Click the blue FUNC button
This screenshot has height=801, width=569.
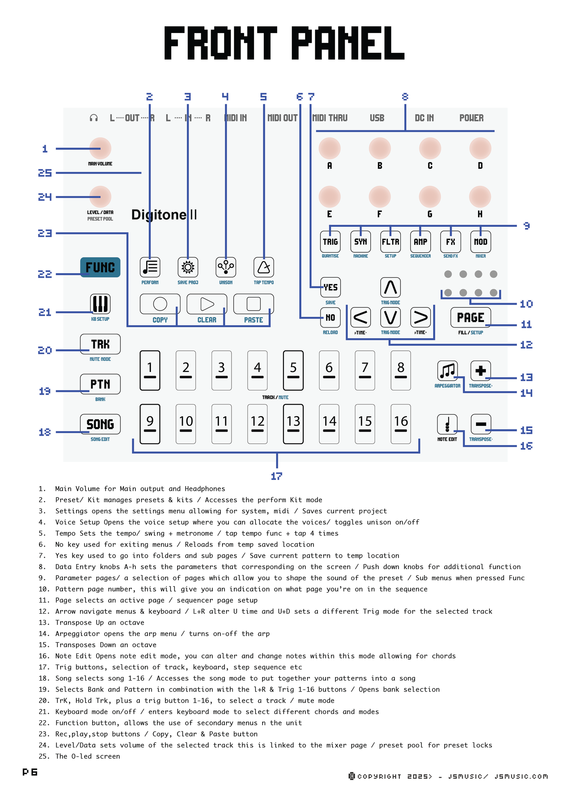tap(100, 267)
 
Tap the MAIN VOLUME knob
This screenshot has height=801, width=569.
tap(100, 148)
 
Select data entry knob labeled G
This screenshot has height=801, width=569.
tap(430, 197)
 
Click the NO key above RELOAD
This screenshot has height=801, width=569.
tap(330, 317)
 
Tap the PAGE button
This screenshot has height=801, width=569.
tap(471, 317)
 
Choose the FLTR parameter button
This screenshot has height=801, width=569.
tap(390, 242)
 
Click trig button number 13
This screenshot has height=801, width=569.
tap(293, 424)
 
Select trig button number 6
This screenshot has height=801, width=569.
tap(329, 370)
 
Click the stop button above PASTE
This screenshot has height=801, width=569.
tap(254, 304)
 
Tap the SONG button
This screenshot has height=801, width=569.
tap(100, 424)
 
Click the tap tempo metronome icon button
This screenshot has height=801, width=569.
tap(263, 267)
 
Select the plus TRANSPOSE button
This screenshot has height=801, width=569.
tap(480, 371)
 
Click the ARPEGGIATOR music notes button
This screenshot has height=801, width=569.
tap(447, 371)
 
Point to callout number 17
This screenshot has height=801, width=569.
tap(276, 476)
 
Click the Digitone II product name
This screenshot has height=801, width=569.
tap(164, 215)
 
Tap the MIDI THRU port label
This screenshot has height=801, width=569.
tap(330, 118)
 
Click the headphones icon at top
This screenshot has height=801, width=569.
tap(94, 118)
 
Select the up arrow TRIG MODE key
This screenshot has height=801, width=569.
tap(390, 287)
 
